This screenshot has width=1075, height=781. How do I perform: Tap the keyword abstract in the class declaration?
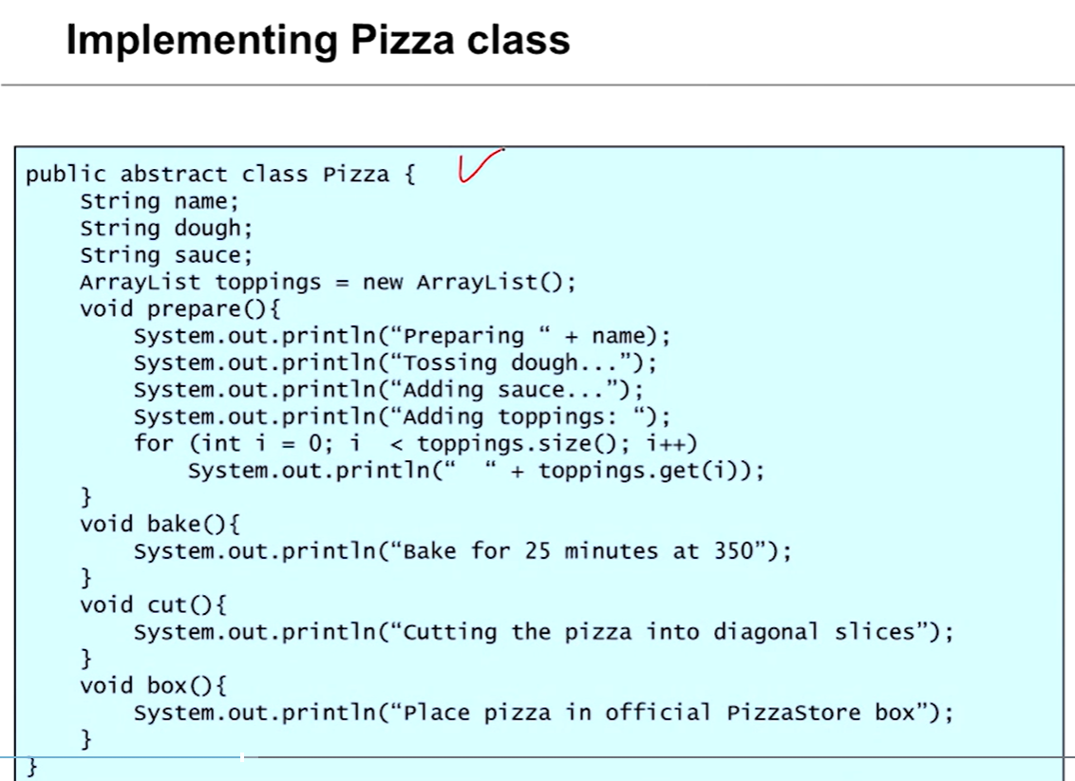[174, 175]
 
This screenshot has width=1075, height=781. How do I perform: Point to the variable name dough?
[207, 229]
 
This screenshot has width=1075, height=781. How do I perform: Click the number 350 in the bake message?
[734, 551]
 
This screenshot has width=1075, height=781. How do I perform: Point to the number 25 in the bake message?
[537, 551]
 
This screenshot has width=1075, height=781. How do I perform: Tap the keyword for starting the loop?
[154, 443]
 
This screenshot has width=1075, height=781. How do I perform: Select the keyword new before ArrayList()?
[383, 283]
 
